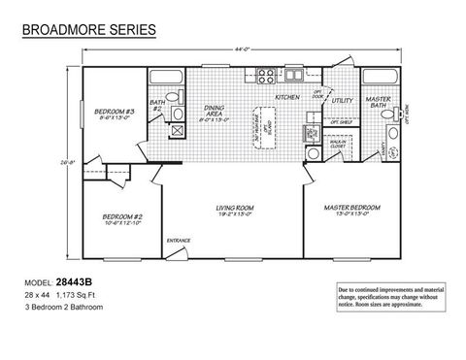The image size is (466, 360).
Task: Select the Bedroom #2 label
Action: (122, 219)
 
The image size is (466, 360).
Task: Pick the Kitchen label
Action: (287, 98)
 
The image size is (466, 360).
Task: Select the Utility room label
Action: (342, 100)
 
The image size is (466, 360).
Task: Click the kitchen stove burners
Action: (266, 76)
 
